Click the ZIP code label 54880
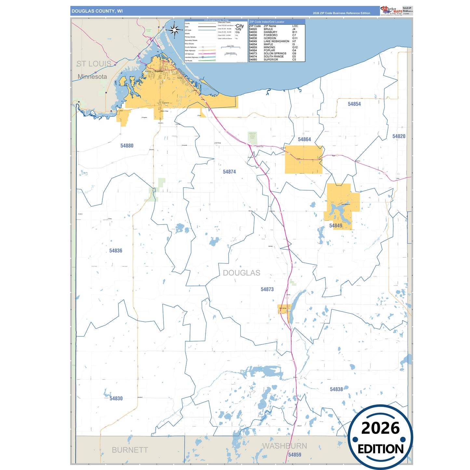tap(127, 146)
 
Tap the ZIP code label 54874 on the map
tap(229, 172)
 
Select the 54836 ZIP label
tap(116, 251)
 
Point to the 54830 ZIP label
tap(116, 398)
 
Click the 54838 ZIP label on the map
tap(336, 389)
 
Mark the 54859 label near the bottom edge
tap(295, 455)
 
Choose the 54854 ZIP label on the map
tap(354, 104)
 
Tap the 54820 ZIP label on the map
tap(399, 136)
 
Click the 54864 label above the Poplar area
tap(304, 140)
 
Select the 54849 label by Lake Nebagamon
tap(336, 226)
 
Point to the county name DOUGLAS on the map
tap(242, 273)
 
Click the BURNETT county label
tap(130, 450)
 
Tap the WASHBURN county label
tap(285, 446)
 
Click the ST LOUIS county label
tap(94, 64)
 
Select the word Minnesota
tap(92, 77)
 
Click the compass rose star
tap(175, 30)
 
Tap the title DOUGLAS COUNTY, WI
tap(97, 11)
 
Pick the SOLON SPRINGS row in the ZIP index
tap(275, 54)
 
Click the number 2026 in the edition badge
tap(380, 428)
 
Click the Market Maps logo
tap(391, 11)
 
